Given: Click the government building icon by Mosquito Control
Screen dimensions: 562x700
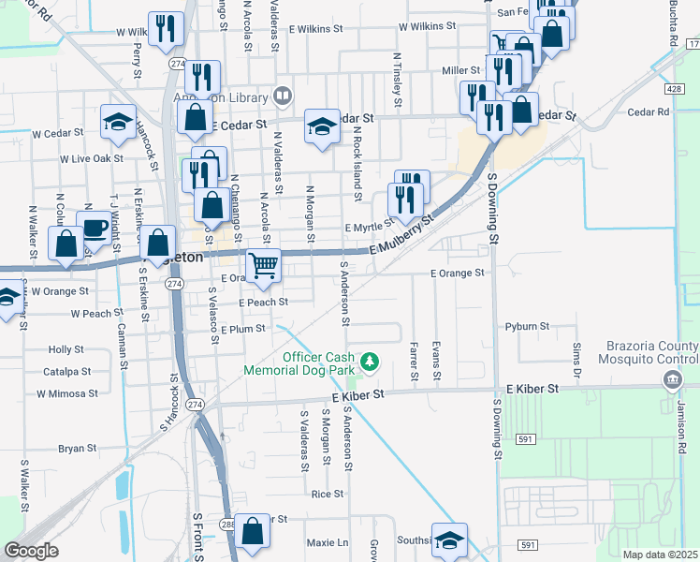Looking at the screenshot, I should (x=672, y=379).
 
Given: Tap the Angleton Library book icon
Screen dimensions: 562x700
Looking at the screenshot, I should (x=282, y=96).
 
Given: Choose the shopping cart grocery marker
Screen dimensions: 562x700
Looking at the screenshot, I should (x=264, y=265).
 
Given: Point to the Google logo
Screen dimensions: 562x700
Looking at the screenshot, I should (x=31, y=551).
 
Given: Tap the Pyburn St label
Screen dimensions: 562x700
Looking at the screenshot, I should (x=527, y=327).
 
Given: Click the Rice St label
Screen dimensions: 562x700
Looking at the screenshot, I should (x=328, y=494).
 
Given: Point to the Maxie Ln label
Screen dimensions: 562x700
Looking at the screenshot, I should (x=327, y=542).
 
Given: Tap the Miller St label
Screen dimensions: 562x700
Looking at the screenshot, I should (x=460, y=70).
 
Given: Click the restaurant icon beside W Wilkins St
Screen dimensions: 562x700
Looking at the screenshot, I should (x=165, y=28).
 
